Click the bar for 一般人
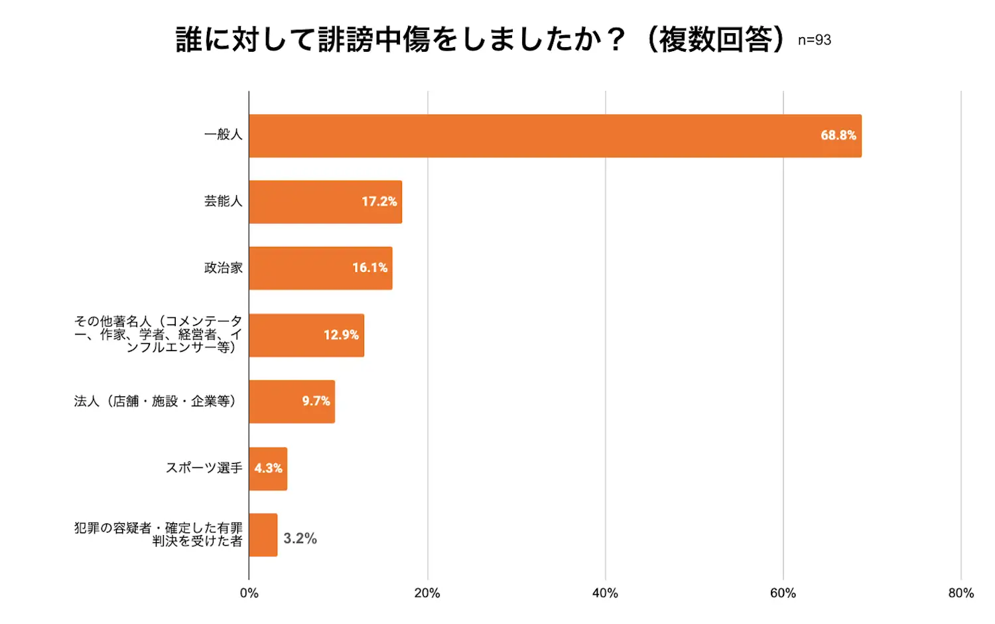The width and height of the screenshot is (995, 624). click(531, 136)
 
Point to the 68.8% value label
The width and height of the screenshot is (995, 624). click(838, 135)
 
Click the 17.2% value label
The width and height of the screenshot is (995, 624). click(379, 202)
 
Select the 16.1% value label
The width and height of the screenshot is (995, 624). click(369, 268)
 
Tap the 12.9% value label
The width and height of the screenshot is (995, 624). click(341, 335)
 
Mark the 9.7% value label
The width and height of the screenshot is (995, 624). click(316, 401)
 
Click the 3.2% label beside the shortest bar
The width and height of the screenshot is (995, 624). click(300, 538)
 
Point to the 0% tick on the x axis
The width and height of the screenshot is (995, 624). click(249, 593)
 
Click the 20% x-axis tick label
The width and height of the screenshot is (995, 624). click(427, 593)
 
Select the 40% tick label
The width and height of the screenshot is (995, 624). click(605, 593)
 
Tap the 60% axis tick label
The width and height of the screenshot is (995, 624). click(783, 593)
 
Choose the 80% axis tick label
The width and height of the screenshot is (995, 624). click(961, 593)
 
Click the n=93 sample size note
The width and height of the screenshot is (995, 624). click(814, 40)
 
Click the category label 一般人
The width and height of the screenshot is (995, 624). click(224, 135)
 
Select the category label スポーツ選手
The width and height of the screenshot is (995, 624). click(204, 468)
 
